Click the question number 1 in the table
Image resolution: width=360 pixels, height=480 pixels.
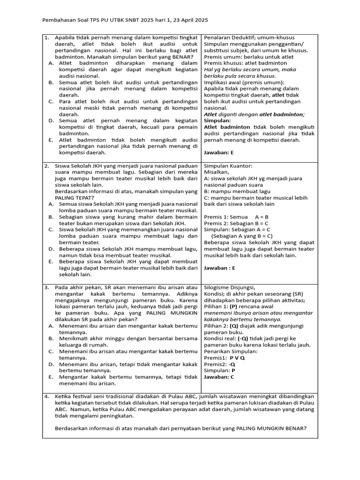(x=47, y=37)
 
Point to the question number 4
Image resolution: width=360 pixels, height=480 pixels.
(x=47, y=396)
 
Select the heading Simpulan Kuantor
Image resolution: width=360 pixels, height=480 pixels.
(x=228, y=165)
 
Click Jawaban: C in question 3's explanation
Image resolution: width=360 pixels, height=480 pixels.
(x=219, y=376)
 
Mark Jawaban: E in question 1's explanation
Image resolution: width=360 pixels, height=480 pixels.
(x=218, y=152)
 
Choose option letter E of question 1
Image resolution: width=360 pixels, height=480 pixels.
(x=51, y=140)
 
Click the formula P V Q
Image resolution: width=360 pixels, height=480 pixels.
(x=237, y=358)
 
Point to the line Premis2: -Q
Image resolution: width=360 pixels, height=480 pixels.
(x=220, y=364)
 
